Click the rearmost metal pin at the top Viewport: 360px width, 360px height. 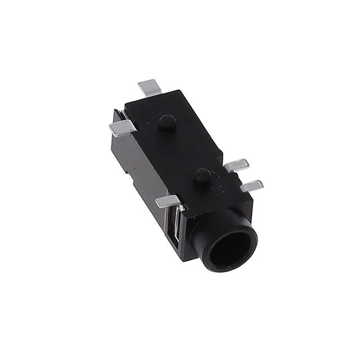point(150,88)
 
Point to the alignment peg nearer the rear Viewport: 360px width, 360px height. point(166,123)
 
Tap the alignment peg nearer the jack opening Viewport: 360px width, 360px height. point(200,178)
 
